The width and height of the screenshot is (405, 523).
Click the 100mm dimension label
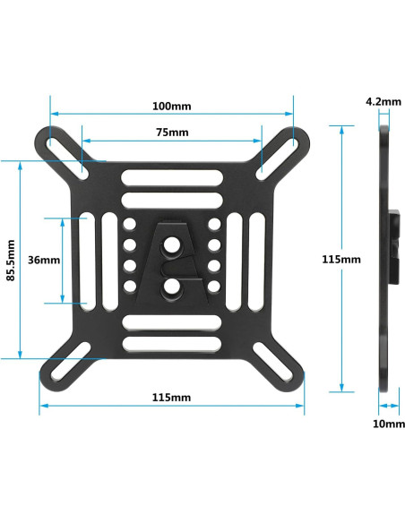171,106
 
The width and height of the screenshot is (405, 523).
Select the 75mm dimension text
171,133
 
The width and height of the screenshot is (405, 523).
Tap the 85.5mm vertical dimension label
11,260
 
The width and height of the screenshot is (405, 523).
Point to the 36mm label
44,260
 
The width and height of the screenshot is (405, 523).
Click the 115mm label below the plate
171,397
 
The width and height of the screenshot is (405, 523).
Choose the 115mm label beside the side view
341,259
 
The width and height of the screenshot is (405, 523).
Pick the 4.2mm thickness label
383,102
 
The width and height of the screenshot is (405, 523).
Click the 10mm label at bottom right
387,423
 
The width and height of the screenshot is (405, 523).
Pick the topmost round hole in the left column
130,224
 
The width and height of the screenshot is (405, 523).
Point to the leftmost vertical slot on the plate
86,260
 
